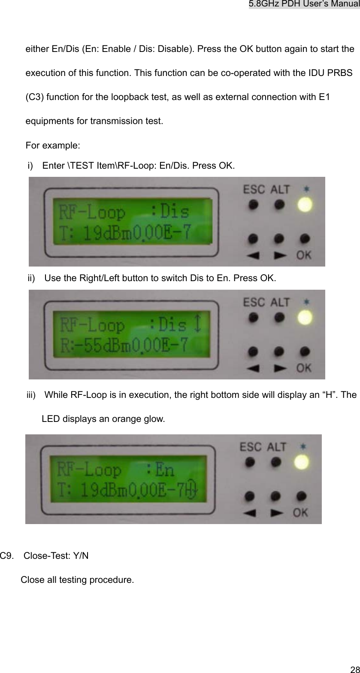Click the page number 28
click(x=354, y=669)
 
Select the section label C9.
click(x=6, y=556)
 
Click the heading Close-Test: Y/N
click(x=56, y=556)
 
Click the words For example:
click(x=52, y=145)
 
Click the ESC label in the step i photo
click(x=254, y=189)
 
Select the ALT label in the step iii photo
click(x=276, y=447)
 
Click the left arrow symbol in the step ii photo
click(x=254, y=367)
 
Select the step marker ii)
click(x=32, y=278)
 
